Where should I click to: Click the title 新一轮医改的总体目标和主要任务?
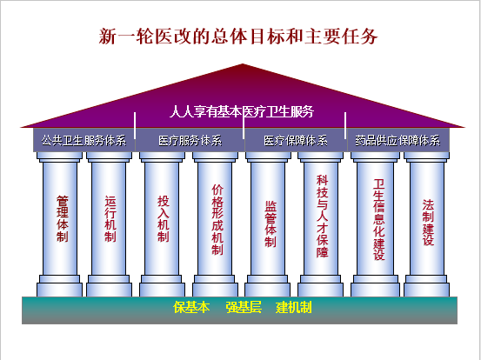(238, 37)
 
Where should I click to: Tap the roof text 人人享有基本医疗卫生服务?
(242, 111)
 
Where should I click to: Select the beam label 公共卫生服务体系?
(84, 141)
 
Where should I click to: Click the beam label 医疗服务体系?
(190, 141)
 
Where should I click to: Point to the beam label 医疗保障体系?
(296, 141)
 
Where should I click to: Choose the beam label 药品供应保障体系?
(397, 141)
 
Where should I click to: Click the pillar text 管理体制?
(63, 218)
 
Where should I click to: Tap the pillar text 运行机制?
(110, 218)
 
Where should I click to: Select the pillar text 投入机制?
(164, 218)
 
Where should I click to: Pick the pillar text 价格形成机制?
(217, 219)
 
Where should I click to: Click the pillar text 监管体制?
(271, 223)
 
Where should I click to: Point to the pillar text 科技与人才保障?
(323, 216)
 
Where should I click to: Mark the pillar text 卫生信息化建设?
(379, 219)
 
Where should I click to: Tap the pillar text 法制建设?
(428, 223)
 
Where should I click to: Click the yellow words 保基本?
(191, 307)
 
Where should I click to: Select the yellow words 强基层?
(244, 307)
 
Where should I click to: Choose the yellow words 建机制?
(294, 307)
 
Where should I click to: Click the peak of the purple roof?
(243, 64)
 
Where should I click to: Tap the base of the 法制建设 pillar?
(426, 286)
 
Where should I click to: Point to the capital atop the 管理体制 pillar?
(59, 157)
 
